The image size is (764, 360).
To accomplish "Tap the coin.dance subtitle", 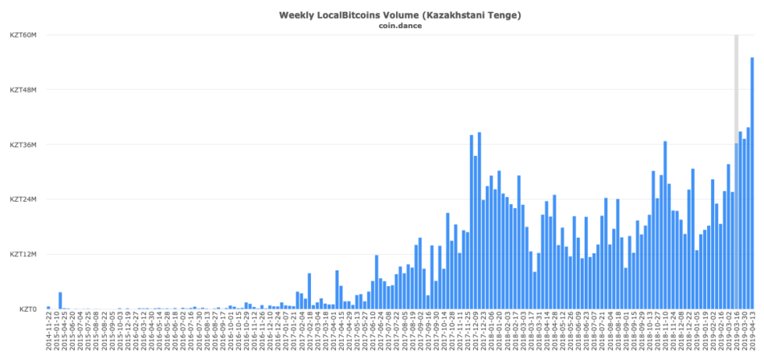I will point(399,26).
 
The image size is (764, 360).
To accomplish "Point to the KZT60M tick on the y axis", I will point(23,35).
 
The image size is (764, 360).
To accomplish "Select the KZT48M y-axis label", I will point(23,90).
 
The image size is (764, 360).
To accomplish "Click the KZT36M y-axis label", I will point(23,145).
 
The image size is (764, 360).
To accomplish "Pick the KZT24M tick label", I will point(23,199).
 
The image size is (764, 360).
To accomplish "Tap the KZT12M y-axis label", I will point(23,254).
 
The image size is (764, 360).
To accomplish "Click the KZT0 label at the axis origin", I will point(27,309).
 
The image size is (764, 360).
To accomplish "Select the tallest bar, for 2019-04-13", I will point(752,183).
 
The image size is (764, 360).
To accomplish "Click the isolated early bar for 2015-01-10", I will point(60,301).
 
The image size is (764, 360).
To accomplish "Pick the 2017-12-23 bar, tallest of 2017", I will point(479,221).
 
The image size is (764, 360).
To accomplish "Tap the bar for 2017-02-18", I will point(309,291).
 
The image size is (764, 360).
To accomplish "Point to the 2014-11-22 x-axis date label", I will point(48,334).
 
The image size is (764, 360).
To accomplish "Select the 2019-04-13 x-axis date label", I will point(752,334).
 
